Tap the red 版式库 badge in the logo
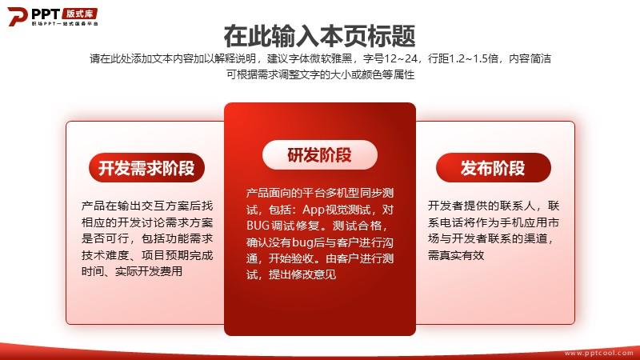(79, 14)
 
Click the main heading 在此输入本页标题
(319, 36)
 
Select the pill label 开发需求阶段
(146, 168)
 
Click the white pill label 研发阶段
(319, 154)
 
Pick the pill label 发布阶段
(493, 168)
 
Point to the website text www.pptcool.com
(598, 353)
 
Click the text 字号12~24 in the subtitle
(390, 58)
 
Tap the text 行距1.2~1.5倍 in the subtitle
(463, 58)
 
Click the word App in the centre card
(313, 210)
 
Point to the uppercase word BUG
(258, 226)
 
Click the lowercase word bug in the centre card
(302, 242)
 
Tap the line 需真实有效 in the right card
(456, 255)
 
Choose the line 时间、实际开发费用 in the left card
(132, 271)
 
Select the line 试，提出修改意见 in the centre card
(291, 274)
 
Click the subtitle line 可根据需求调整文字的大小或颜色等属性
(321, 74)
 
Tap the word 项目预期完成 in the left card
(177, 255)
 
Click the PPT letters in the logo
(46, 14)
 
